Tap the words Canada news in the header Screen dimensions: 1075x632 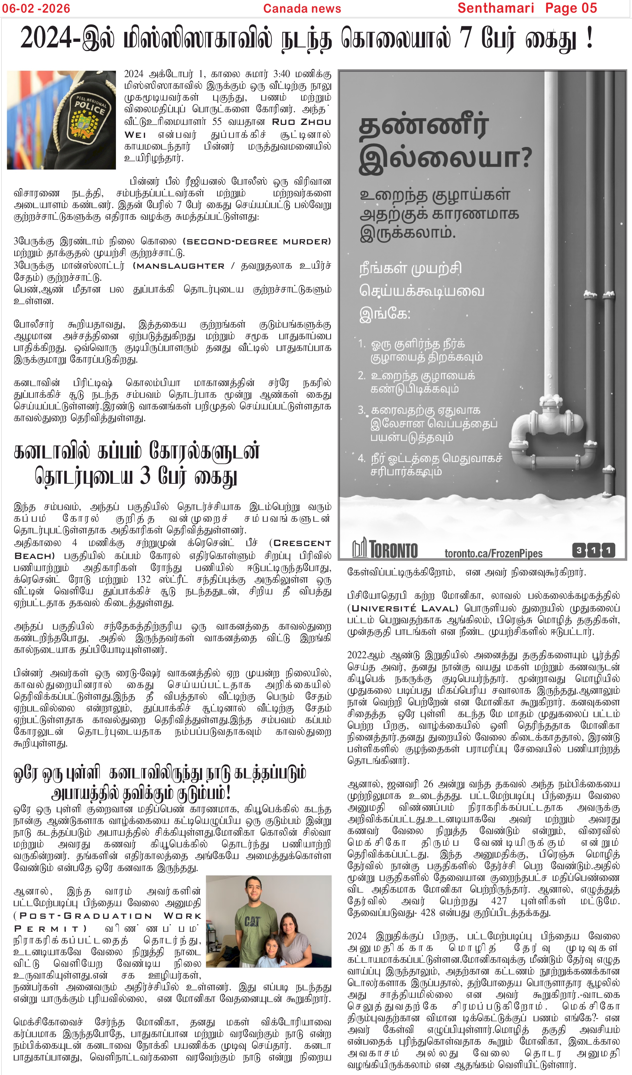point(302,9)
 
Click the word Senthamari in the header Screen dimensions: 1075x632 point(495,8)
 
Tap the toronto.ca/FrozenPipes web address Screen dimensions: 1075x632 point(493,553)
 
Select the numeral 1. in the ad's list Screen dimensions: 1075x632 point(362,343)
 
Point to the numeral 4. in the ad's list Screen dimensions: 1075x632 point(362,458)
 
